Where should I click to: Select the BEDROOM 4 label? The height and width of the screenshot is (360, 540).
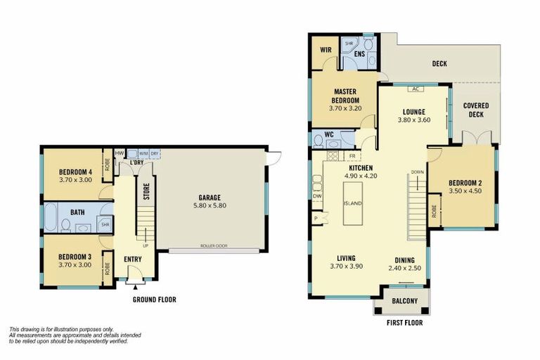(x=75, y=172)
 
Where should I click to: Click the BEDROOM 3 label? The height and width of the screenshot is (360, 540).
(x=75, y=257)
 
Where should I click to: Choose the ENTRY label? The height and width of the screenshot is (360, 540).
(x=133, y=259)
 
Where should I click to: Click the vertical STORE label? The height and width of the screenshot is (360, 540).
(x=146, y=192)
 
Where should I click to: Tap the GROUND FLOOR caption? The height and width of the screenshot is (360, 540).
(x=154, y=300)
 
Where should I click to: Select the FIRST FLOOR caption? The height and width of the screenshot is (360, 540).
(x=405, y=323)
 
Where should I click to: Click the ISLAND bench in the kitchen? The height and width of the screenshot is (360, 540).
(x=352, y=203)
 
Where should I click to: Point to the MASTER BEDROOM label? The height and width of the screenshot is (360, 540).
(x=345, y=96)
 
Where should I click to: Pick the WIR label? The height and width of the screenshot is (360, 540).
(x=325, y=50)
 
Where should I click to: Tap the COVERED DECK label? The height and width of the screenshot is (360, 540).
(x=476, y=110)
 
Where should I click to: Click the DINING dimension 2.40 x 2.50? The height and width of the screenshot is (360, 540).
(x=404, y=268)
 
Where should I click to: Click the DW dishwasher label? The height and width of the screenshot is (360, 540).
(x=317, y=196)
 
